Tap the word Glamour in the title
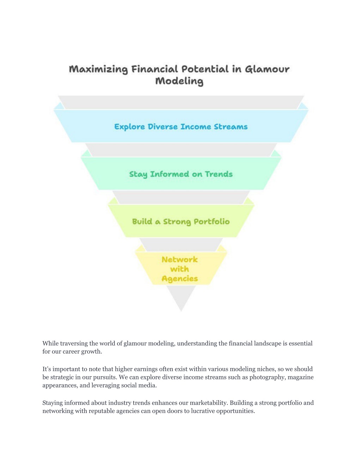267,69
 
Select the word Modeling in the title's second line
179,81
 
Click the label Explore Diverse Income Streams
181,127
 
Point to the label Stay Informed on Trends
181,174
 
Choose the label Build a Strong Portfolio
181,221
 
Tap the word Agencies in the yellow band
180,279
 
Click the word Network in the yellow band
180,260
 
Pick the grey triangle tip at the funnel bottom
181,311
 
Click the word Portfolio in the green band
212,221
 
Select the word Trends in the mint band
219,174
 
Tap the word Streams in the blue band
231,127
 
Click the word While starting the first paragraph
50,343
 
